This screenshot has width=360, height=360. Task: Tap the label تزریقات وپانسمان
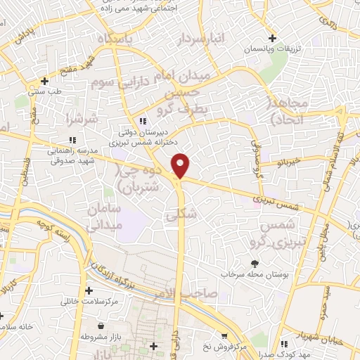(x=271, y=49)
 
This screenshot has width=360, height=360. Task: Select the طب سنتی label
(x=43, y=91)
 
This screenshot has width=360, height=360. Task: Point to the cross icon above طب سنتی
(x=44, y=80)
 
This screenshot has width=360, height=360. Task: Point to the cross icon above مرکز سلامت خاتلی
(x=89, y=290)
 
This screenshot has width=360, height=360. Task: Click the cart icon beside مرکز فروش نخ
(x=224, y=337)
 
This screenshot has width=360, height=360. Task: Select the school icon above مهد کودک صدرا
(x=285, y=344)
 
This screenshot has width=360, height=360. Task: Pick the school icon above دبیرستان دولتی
(x=143, y=120)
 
